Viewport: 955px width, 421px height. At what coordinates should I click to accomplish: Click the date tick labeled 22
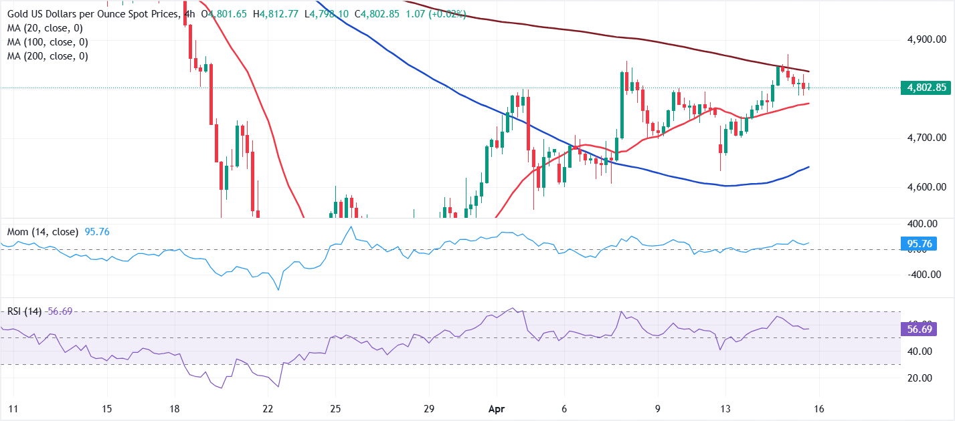coord(268,408)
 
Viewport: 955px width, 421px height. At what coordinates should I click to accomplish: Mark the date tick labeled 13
coord(725,408)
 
